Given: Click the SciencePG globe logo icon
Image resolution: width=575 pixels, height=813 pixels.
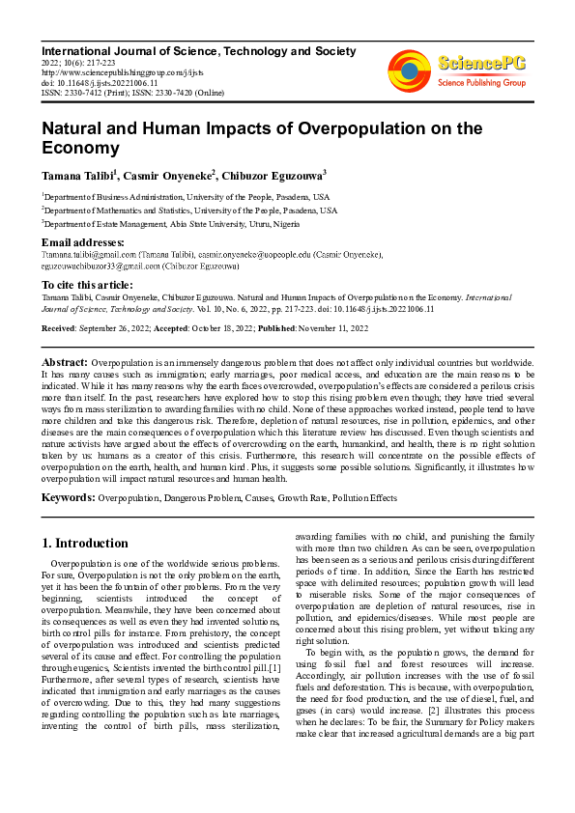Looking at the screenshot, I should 410,70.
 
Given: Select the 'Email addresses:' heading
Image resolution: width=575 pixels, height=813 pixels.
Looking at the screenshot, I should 83,242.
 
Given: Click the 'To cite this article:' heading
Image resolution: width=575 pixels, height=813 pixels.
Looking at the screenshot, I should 88,285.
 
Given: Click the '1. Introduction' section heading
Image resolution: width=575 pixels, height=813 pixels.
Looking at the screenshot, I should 85,543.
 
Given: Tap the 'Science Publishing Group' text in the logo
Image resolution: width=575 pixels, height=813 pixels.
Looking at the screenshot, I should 480,83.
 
